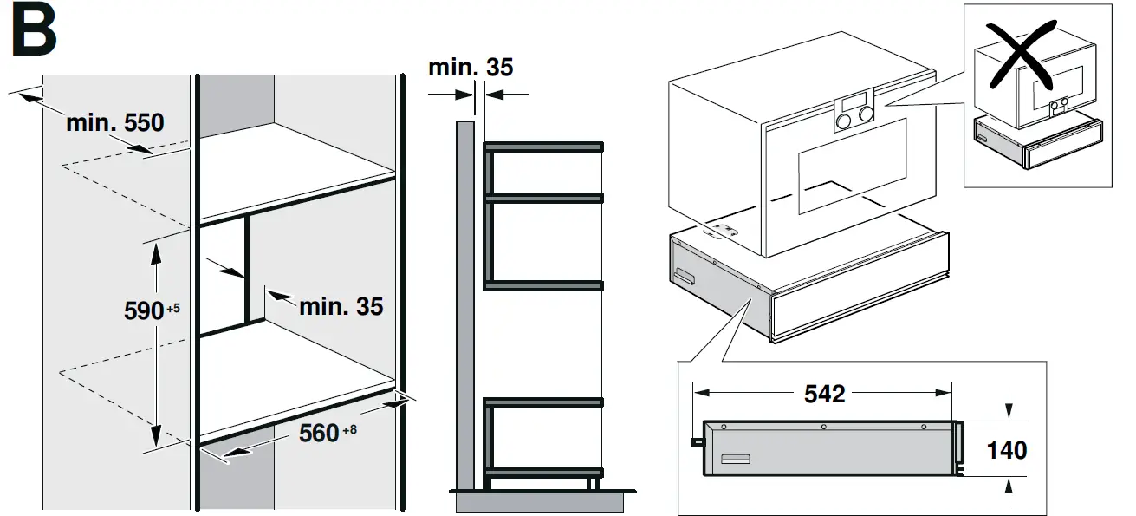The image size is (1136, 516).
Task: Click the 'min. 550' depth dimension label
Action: (114, 123)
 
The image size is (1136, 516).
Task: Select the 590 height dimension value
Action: (143, 310)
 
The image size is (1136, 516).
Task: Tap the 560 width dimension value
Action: (318, 432)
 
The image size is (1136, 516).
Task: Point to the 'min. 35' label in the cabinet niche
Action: (341, 305)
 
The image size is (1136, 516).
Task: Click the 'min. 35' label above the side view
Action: (470, 67)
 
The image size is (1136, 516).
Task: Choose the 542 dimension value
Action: (823, 394)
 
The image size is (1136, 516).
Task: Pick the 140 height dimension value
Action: (1007, 449)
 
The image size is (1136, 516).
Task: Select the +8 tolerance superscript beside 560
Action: (349, 428)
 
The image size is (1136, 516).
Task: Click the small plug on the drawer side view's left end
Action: (696, 441)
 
